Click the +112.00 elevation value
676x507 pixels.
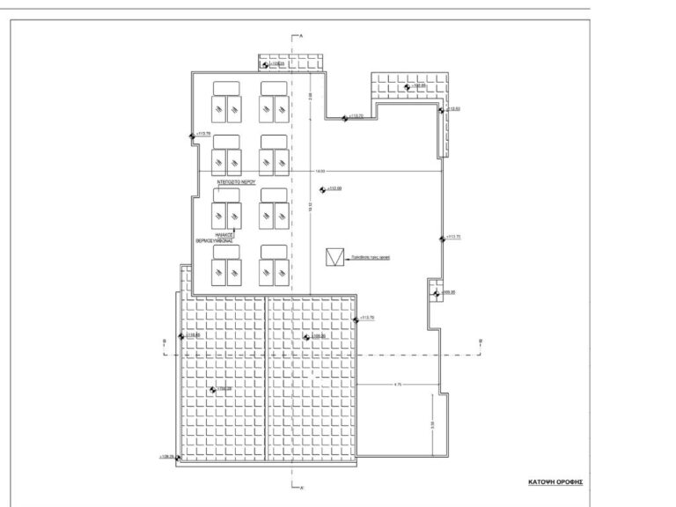click(334, 189)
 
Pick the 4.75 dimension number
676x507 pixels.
click(398, 385)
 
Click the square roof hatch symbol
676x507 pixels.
click(334, 256)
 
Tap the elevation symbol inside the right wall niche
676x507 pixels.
click(436, 292)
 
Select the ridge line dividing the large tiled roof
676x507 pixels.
click(266, 378)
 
